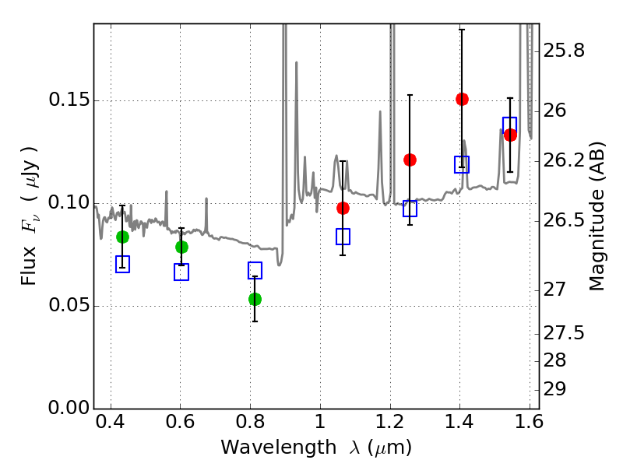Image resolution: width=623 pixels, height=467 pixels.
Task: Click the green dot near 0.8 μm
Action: [255, 299]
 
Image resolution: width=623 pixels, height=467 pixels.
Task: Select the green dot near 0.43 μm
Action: [122, 237]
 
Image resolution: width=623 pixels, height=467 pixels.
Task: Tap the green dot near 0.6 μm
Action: [181, 247]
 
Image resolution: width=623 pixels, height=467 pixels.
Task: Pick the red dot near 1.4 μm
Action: [462, 100]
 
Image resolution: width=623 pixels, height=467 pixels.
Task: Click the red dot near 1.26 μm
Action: [410, 160]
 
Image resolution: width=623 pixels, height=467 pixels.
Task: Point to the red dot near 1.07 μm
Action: [343, 208]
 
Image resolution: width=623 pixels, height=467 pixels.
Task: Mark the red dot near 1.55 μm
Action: [510, 135]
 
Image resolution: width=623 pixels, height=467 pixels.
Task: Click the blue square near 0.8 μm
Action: [255, 270]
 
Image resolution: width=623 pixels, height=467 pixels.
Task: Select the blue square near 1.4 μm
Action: [462, 164]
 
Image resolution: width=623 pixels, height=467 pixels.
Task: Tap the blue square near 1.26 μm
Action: [410, 208]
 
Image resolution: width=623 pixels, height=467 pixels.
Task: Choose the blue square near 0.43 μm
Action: [122, 264]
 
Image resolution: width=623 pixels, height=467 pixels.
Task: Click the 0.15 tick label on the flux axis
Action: [69, 100]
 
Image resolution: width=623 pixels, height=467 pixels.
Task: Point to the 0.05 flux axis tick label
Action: [69, 305]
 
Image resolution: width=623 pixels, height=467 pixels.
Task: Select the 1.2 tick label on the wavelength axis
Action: [390, 422]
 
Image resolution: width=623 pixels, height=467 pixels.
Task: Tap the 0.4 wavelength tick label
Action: [111, 422]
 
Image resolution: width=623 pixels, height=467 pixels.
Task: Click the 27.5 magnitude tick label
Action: [564, 333]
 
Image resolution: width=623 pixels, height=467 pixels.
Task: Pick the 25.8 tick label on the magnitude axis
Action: [564, 51]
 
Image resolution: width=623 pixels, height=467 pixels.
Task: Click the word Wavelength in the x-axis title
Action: [279, 448]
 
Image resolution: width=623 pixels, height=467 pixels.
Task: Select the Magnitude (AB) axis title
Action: [596, 216]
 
